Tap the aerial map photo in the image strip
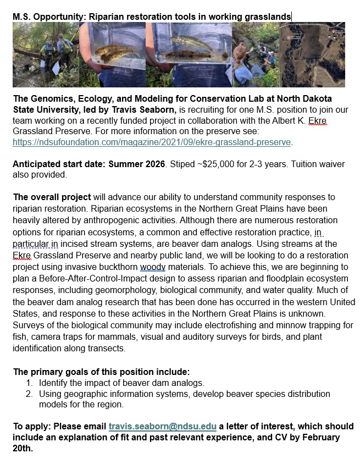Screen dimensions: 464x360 pos(313,54)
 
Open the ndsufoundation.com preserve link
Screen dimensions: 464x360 pos(152,142)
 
